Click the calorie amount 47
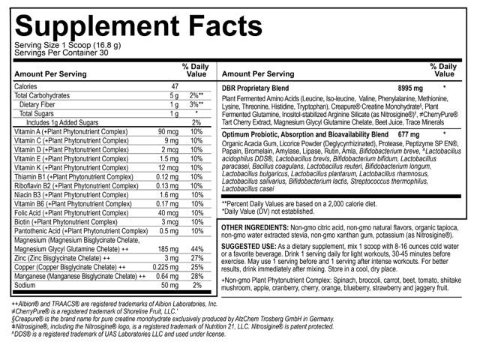coord(174,87)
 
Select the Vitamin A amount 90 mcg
coord(166,132)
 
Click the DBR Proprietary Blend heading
coord(263,88)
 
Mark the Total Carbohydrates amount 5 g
coord(173,96)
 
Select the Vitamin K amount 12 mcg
coord(168,168)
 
